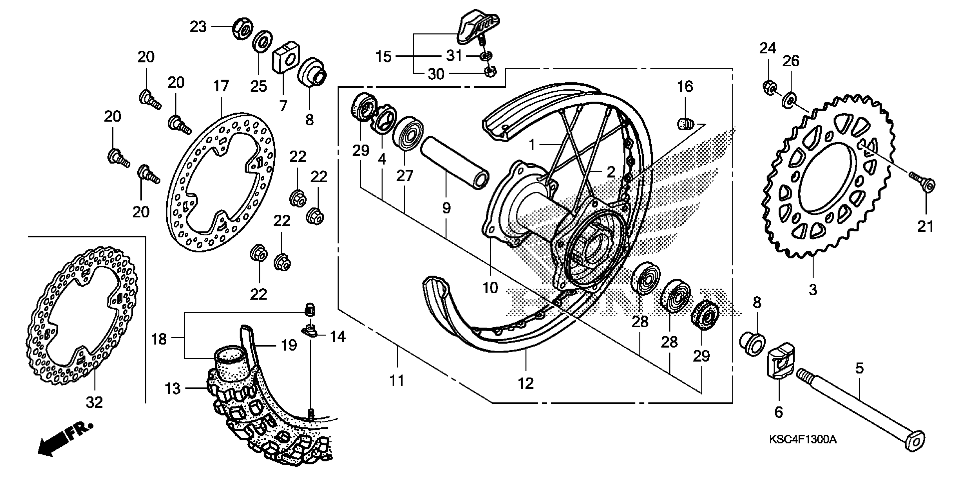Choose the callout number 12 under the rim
pyautogui.click(x=525, y=384)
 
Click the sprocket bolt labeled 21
pyautogui.click(x=923, y=184)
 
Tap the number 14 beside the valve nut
pyautogui.click(x=338, y=337)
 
